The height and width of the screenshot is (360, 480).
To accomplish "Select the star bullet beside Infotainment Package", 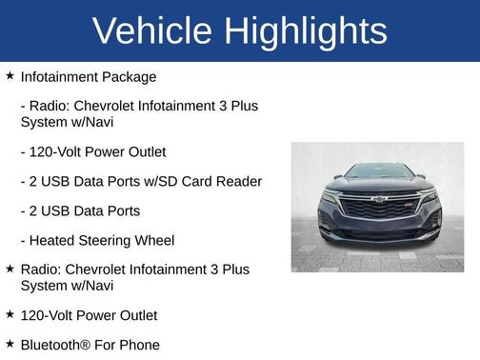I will click(10, 75).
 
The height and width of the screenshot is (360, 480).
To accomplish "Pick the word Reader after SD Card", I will click(238, 181).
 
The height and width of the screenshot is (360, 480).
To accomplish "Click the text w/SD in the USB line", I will click(146, 181).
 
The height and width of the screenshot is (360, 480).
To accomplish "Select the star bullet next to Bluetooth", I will click(10, 343).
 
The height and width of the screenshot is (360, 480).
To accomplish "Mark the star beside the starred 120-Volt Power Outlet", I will click(10, 313).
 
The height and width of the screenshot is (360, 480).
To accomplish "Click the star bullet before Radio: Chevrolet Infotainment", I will click(10, 269).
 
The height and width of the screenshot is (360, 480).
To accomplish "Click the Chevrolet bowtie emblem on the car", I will click(379, 199).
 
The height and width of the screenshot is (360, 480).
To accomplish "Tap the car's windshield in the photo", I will click(379, 171).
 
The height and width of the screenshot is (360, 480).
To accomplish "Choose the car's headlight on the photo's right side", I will click(427, 193).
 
